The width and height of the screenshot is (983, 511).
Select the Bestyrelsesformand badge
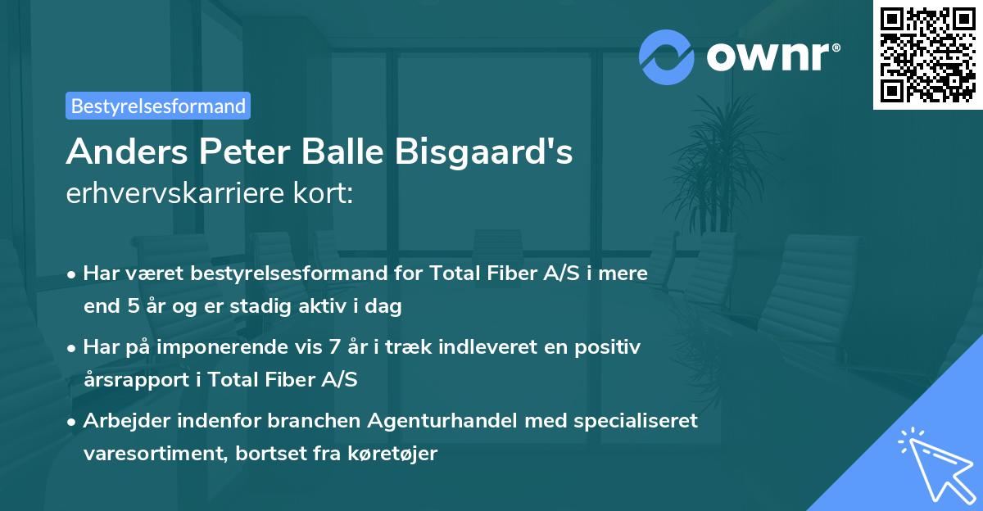[x=158, y=106]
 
